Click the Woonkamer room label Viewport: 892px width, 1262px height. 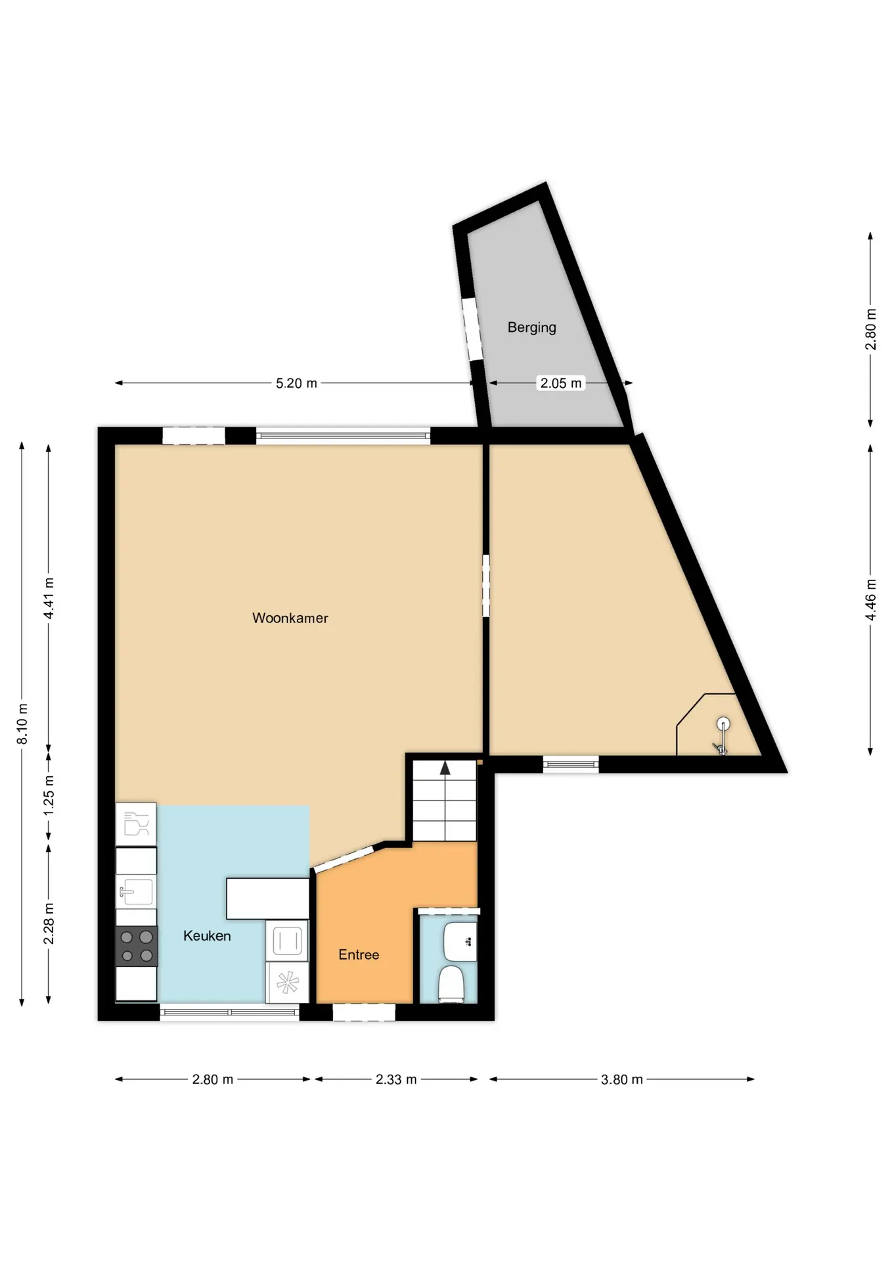point(290,618)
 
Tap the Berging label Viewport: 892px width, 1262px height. point(531,327)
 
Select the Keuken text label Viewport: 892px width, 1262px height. point(207,936)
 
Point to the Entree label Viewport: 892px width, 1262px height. point(359,954)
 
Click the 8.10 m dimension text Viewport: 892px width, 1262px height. point(22,724)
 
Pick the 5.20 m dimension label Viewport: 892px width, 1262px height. point(296,383)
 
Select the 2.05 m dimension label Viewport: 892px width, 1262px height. point(561,383)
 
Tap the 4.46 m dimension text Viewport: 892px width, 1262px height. point(871,599)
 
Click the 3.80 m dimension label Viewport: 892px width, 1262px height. point(621,1079)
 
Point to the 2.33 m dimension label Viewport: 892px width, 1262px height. point(396,1079)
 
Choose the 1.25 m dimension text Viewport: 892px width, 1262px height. point(49,795)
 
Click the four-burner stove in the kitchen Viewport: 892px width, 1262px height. point(137,946)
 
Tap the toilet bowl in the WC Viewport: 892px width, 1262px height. point(451,984)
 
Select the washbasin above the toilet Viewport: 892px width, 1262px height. point(460,941)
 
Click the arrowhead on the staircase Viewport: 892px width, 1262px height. point(445,768)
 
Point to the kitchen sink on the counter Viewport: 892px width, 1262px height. point(136,892)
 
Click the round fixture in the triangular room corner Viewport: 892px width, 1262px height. point(723,724)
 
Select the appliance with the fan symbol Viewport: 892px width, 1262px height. point(287,983)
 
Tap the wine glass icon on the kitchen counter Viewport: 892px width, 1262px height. point(136,824)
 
